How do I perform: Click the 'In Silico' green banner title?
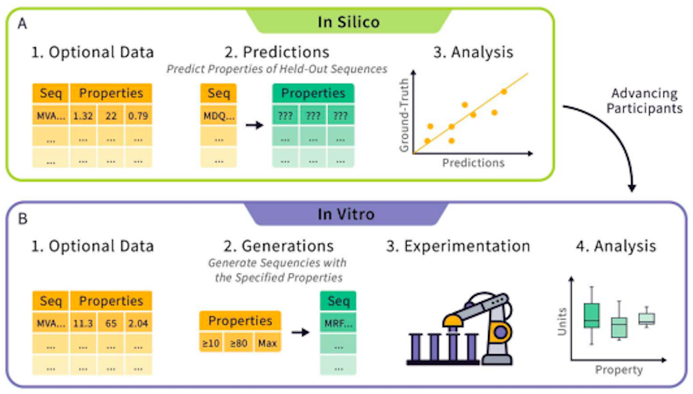(349, 22)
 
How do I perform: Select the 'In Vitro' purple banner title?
(346, 214)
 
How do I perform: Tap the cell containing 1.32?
(83, 116)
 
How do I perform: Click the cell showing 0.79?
(138, 116)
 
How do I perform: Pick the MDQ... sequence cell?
(218, 116)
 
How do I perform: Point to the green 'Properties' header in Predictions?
(313, 93)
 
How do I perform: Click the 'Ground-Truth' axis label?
(404, 115)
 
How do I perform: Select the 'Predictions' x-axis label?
(474, 162)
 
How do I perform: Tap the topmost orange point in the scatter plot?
(504, 92)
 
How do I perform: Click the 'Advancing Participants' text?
(644, 101)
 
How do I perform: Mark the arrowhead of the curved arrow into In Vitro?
(632, 188)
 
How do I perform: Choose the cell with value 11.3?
(83, 324)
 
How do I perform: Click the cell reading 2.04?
(138, 324)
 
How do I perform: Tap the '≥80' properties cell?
(239, 343)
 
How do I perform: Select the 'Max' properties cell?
(267, 343)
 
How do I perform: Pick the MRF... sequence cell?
(338, 324)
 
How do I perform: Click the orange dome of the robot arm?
(453, 321)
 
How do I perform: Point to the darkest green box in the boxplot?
(591, 315)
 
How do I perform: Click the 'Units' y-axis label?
(562, 322)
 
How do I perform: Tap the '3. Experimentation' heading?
(458, 246)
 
